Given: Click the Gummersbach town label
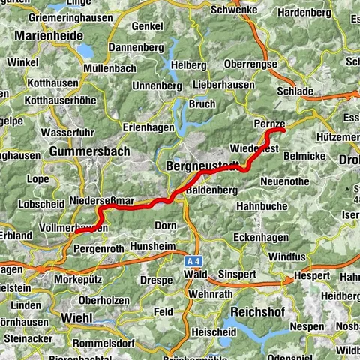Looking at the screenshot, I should tap(89, 151).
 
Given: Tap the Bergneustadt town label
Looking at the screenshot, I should tap(201, 164).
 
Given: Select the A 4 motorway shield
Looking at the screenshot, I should tap(194, 260).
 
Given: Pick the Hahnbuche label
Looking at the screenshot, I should tap(262, 205).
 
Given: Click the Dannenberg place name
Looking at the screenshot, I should tap(135, 46).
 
